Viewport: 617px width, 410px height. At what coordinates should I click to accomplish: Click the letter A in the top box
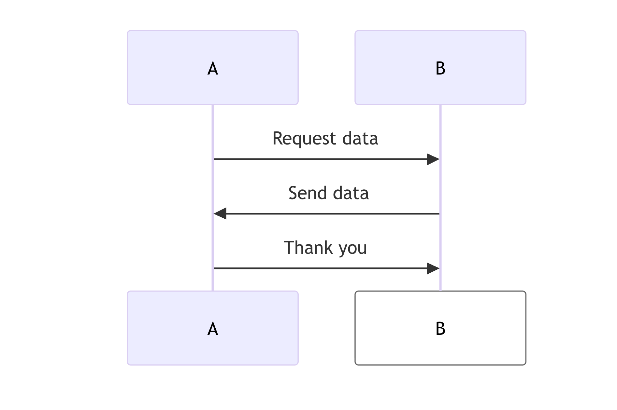[x=212, y=69]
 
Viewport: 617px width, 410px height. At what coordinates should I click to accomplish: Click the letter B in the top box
[x=440, y=69]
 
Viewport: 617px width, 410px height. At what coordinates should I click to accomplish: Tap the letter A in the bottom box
[x=212, y=329]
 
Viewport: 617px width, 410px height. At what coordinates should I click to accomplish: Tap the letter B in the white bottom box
[x=440, y=329]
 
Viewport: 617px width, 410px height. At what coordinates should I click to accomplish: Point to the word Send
[x=308, y=193]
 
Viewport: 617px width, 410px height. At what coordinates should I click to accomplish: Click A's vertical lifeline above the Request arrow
[x=213, y=130]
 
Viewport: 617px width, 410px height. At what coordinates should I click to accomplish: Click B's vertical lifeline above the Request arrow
[x=440, y=130]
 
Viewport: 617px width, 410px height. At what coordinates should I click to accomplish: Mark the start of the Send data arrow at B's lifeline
[x=438, y=214]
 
